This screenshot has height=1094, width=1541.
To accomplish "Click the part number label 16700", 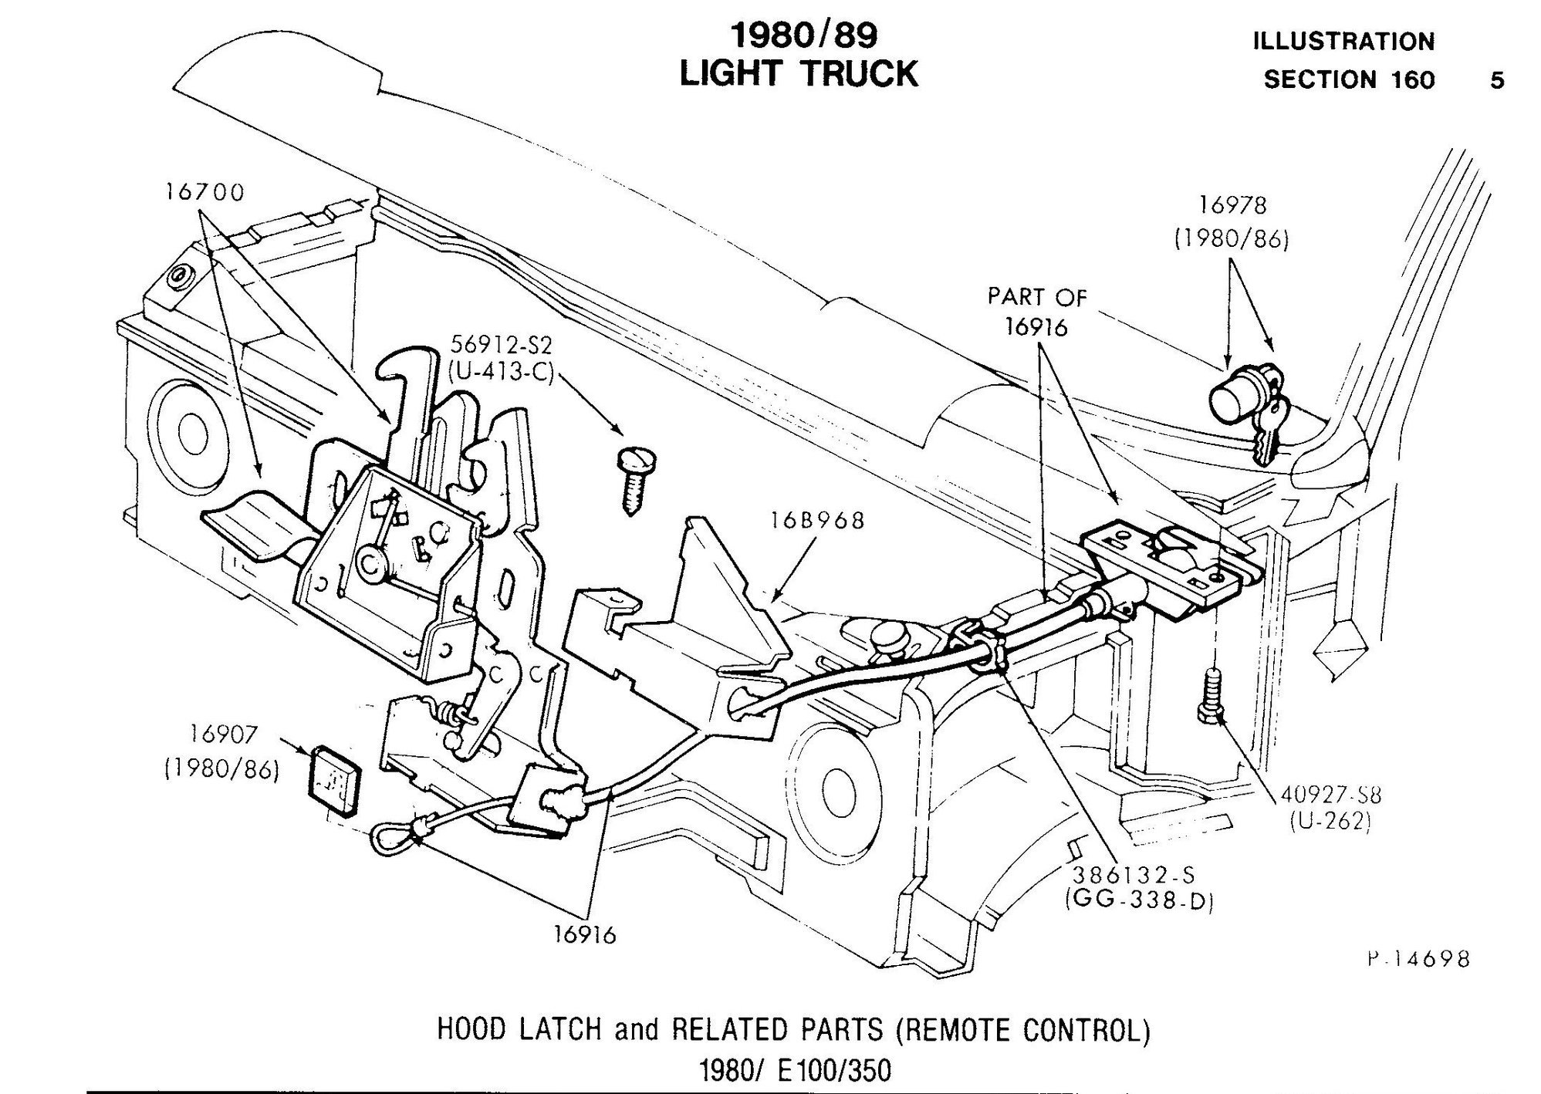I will click(204, 191).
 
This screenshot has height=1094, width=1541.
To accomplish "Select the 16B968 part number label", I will click(816, 521).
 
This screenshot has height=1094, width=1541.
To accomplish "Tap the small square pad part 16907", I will click(333, 778).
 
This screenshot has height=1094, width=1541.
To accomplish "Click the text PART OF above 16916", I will click(1036, 297).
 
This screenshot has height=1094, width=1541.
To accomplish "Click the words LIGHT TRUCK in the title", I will click(799, 75).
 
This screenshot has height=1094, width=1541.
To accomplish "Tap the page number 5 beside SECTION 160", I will click(1496, 80).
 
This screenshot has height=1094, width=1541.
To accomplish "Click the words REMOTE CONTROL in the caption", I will click(1021, 1031).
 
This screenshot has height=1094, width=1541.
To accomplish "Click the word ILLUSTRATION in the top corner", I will click(1342, 41).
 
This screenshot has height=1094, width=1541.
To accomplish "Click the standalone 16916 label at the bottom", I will click(584, 934).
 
